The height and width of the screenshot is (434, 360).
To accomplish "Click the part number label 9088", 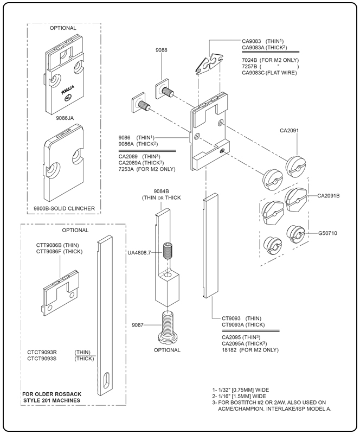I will click(x=161, y=50).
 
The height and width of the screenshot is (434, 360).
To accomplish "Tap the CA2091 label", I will click(x=291, y=131).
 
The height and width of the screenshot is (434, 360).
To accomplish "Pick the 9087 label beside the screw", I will click(x=138, y=324).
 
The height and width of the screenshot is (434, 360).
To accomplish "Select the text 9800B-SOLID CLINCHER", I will click(x=65, y=208).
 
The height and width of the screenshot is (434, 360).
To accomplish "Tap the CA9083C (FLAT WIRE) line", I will click(x=269, y=73).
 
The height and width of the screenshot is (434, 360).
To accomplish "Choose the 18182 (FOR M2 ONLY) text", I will click(x=250, y=350).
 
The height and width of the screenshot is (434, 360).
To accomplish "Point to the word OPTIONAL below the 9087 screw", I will click(x=167, y=350).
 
